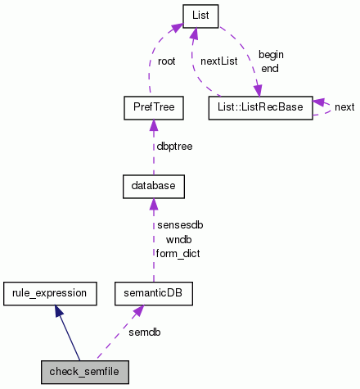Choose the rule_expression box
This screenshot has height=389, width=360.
(x=51, y=291)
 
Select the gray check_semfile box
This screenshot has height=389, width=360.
(x=84, y=371)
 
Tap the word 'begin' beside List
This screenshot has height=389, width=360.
(x=271, y=54)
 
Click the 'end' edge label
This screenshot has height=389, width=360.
(x=269, y=68)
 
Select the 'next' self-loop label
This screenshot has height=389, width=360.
(x=344, y=106)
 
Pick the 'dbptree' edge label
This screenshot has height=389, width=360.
(x=175, y=147)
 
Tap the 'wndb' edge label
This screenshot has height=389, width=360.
(x=178, y=239)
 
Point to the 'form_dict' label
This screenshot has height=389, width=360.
(x=178, y=253)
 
